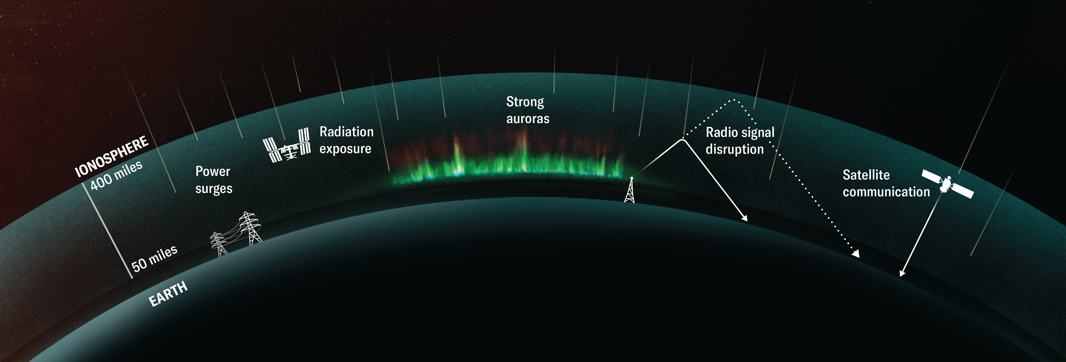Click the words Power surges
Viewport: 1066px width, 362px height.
[x=214, y=180]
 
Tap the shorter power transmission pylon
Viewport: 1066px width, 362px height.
[x=219, y=244]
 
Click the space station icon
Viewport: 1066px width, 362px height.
[x=287, y=145]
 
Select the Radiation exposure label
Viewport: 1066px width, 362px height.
[x=346, y=140]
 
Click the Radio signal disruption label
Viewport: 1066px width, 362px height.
[x=740, y=141]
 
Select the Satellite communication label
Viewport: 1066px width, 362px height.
[x=886, y=183]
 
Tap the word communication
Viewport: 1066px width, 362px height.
[x=886, y=192]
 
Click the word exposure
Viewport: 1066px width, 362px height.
[x=345, y=149]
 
